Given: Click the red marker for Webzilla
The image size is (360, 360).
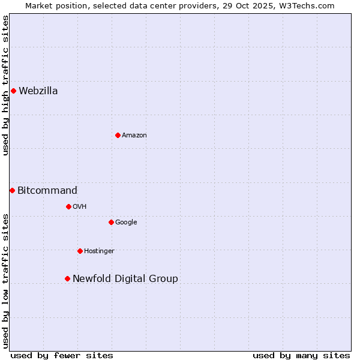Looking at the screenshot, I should coord(13,91).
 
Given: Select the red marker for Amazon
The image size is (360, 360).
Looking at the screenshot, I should coord(118,135).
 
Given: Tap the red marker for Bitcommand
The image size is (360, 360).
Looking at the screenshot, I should coord(12,190).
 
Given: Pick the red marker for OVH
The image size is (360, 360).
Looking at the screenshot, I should coord(68,206).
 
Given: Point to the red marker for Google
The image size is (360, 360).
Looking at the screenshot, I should coord(111,222).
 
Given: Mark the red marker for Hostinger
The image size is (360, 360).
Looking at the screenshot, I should coord(80,251).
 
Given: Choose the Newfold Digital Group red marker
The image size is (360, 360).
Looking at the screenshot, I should coord(67,278).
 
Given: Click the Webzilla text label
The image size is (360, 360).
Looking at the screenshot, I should coord(38,91).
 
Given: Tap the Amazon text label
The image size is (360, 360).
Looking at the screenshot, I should coord(134,136).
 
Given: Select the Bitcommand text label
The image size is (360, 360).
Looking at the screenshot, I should coord(47,191).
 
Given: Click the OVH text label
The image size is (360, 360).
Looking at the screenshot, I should coord(80,207).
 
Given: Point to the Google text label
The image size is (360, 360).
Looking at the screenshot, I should coord(126,223).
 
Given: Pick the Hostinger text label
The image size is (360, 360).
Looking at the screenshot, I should coord(99,251).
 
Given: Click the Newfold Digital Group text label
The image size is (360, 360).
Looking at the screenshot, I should coord(125,279).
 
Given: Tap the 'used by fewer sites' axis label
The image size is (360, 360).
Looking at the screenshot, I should coord(62,355).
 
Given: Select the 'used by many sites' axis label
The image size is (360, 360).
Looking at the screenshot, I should coord(301,355).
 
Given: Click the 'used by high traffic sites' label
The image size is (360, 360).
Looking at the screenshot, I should coord(5,85).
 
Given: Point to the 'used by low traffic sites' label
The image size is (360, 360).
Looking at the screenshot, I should coord(5,281).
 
